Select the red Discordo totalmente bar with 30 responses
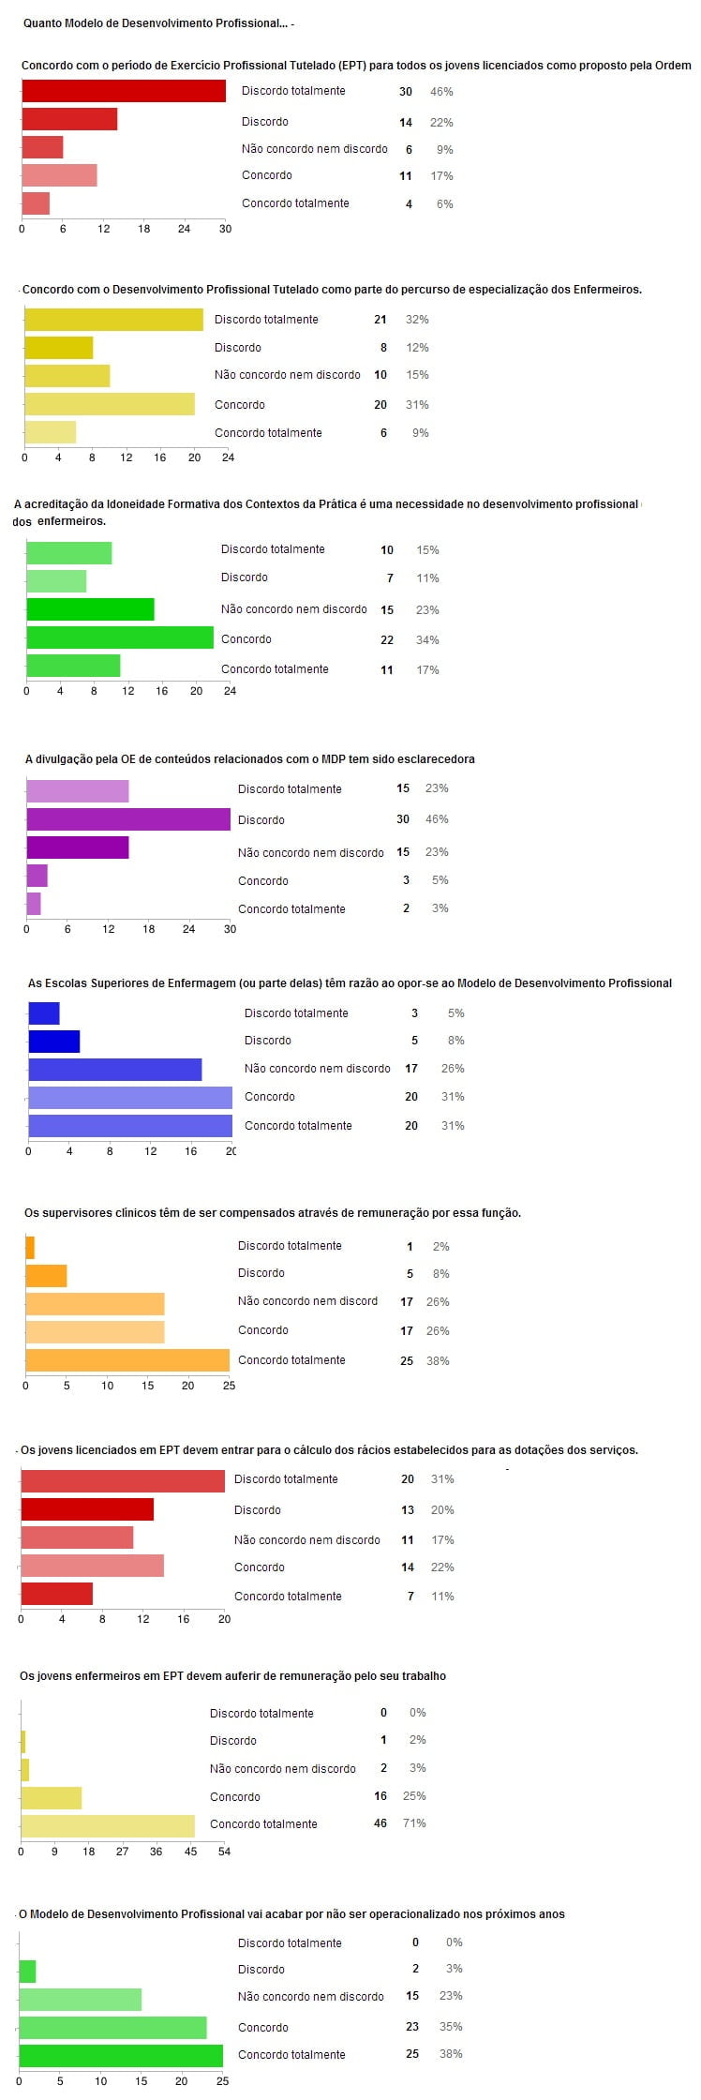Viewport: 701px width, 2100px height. (x=124, y=91)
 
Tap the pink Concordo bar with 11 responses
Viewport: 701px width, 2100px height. (x=59, y=175)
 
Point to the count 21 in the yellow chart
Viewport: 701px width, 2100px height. (x=380, y=320)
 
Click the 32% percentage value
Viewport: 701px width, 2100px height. (x=417, y=320)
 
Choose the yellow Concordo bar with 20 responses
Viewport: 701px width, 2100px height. (x=110, y=404)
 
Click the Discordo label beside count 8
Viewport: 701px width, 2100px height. (x=238, y=348)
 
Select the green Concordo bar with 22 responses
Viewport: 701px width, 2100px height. (x=120, y=637)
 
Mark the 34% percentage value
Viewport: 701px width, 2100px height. (x=427, y=640)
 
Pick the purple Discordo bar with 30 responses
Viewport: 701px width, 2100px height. (x=128, y=819)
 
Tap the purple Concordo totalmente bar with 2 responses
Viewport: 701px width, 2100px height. (x=34, y=904)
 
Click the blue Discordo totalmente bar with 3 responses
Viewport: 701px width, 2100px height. (x=44, y=1013)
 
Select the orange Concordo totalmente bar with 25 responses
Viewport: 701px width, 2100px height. (x=127, y=1360)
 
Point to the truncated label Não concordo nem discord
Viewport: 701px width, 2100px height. (x=307, y=1301)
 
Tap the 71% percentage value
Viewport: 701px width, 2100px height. (x=414, y=1823)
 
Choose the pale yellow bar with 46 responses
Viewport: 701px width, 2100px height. (x=108, y=1826)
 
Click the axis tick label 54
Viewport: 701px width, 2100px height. (x=224, y=1852)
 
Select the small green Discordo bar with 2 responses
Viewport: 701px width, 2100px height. (x=27, y=1972)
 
